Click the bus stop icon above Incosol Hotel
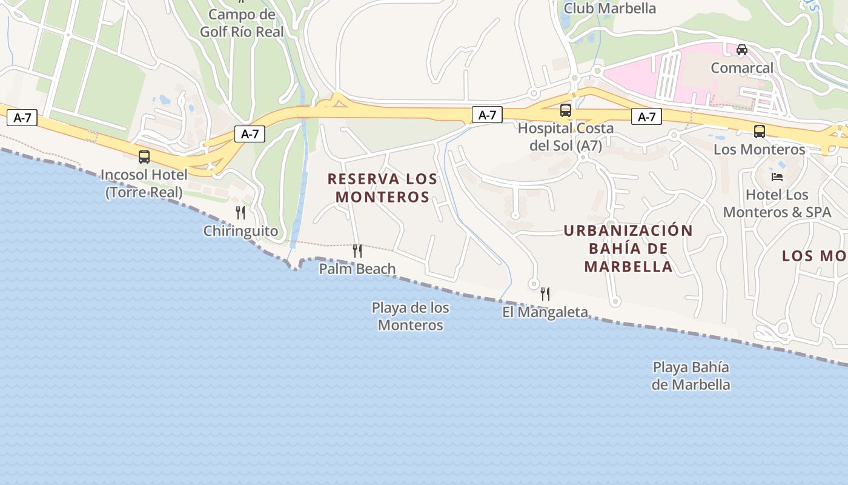tap(144, 157)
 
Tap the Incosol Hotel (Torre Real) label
tap(144, 184)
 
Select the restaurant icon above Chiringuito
tap(240, 213)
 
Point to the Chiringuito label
tap(240, 231)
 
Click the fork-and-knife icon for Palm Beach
tap(357, 251)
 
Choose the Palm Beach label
tap(357, 269)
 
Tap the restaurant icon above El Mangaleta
tap(545, 294)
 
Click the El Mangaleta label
tap(545, 312)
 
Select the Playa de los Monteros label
tap(411, 316)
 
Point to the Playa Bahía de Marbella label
tap(691, 376)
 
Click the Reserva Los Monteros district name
tap(382, 188)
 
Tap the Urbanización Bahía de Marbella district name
tap(628, 249)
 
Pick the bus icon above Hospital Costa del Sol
tap(566, 110)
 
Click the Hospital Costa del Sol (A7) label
tap(565, 137)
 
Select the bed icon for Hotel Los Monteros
tap(777, 177)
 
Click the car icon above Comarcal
tap(742, 50)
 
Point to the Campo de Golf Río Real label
tap(242, 23)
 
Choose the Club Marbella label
tap(610, 8)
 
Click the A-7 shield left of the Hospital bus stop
tap(487, 115)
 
